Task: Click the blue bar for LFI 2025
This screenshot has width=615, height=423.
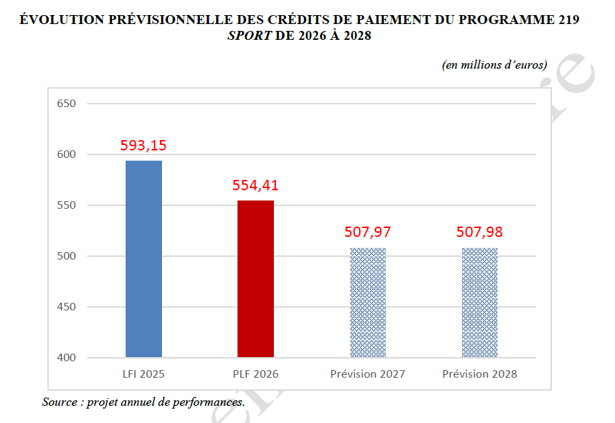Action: point(143,259)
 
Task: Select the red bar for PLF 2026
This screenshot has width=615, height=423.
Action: point(255,279)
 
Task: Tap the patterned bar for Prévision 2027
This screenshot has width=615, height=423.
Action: point(367,302)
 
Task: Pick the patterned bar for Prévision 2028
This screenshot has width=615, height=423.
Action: point(479,302)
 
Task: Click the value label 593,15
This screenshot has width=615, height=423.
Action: point(143,146)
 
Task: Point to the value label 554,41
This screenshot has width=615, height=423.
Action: point(255,185)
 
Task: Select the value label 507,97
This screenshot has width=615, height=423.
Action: point(367,232)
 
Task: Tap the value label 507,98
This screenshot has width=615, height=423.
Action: point(479,232)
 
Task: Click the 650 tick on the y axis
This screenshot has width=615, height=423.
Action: point(66,104)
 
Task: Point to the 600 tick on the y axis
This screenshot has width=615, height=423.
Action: point(66,155)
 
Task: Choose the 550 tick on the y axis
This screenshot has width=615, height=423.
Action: point(66,205)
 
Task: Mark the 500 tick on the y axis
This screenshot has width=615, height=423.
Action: point(66,256)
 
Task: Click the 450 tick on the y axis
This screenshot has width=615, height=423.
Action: point(66,307)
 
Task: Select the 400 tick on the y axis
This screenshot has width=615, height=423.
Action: point(66,358)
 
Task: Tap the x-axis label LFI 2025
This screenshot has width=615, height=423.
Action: point(143,374)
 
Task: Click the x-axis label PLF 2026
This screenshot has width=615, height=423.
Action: point(255,374)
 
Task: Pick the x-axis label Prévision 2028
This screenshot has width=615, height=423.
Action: point(479,374)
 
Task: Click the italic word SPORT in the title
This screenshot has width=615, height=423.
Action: point(249,36)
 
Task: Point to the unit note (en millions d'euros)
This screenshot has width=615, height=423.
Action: point(494,65)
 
